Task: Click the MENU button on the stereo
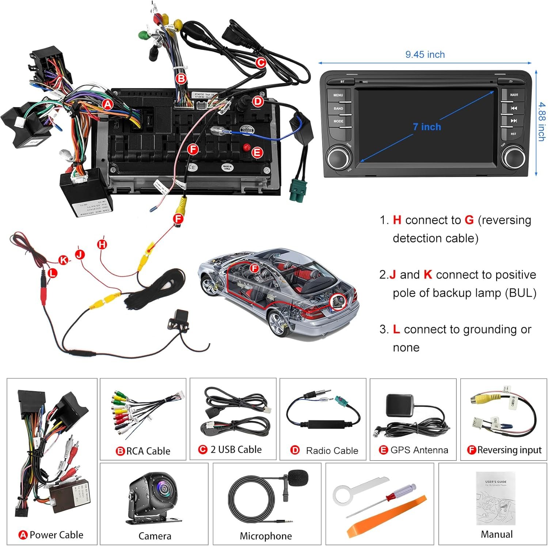coord(338,95)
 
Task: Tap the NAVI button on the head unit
coord(514,95)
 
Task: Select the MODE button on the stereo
coord(338,121)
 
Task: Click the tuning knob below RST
coord(513,156)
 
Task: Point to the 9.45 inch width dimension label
coord(425,55)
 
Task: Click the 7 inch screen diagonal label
coord(427,127)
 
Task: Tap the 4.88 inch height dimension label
coord(541,121)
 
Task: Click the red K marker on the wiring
coord(64,260)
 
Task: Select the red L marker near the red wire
coord(53,273)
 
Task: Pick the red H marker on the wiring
coord(102,244)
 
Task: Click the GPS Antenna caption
coord(419,450)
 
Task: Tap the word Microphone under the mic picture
coord(266,536)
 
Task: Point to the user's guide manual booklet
coord(496,498)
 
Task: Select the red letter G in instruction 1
coord(469,220)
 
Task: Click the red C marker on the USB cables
coord(260,63)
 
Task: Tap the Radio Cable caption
coord(332,451)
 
